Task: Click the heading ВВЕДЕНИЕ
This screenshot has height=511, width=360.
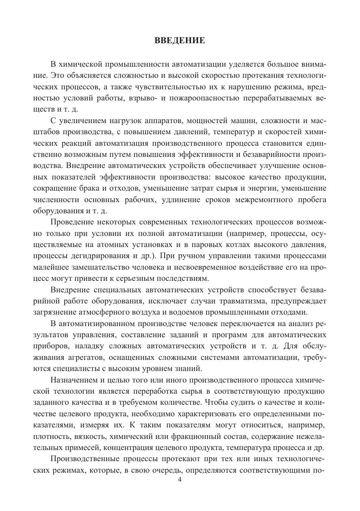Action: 179,40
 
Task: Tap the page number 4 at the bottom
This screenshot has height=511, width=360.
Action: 179,480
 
